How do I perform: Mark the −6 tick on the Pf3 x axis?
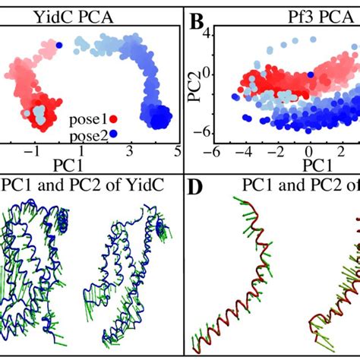click(215, 152)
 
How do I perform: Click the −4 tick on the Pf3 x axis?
click(245, 152)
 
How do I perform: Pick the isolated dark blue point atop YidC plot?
click(58, 46)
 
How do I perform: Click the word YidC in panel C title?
click(144, 185)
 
